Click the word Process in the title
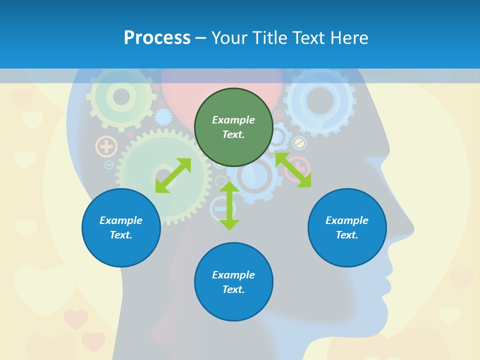point(157,37)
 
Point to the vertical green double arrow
point(229,205)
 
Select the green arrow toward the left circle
point(173,175)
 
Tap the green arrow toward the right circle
point(293,170)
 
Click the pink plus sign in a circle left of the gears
point(106,147)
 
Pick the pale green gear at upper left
point(121,96)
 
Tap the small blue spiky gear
point(163,117)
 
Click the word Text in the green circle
point(233,134)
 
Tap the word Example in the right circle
point(347,220)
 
